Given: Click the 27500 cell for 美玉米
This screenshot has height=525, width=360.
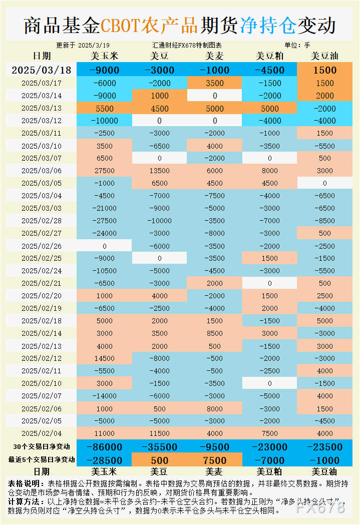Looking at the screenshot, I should [105, 171].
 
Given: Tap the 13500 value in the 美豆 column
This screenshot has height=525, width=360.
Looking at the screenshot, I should [160, 171].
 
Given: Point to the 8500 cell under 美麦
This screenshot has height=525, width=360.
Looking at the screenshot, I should [215, 333].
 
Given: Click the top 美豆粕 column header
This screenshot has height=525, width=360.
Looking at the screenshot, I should [270, 56].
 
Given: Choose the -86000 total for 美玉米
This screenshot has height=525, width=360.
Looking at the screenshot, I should [105, 447].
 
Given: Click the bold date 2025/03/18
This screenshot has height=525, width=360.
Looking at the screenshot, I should [41, 70].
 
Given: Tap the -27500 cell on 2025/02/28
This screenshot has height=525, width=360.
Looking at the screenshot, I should [105, 221].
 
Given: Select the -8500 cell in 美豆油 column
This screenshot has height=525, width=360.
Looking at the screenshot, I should [324, 221].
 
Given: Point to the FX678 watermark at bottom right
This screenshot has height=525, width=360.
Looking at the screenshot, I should [320, 507].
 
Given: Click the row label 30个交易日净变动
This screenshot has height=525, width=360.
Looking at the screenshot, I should [42, 447].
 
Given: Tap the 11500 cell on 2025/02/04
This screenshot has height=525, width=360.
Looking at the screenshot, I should [160, 433].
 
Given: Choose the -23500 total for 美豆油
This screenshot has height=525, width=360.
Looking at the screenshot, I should [324, 447].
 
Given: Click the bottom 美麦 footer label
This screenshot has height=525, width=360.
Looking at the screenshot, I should [215, 471].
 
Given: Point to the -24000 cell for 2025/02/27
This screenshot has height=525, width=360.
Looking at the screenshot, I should [105, 233].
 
